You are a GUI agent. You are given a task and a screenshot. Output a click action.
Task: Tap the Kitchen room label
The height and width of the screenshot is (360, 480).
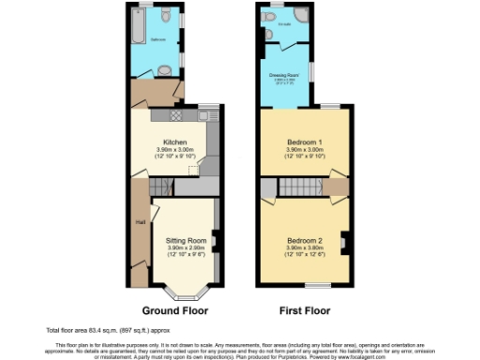[170, 142]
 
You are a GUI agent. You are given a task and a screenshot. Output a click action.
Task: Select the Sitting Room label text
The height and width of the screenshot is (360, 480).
[178, 240]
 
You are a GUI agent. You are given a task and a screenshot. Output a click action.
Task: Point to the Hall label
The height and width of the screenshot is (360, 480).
[139, 222]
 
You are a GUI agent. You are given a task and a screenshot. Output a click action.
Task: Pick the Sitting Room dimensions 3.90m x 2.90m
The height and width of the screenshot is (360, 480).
[178, 247]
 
